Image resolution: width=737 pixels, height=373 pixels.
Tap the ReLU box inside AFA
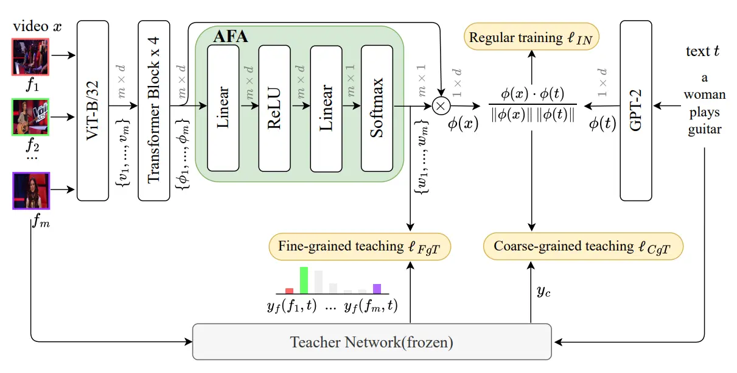click(x=274, y=108)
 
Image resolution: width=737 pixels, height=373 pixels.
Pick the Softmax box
click(x=377, y=108)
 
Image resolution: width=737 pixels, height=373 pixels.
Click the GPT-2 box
click(x=635, y=110)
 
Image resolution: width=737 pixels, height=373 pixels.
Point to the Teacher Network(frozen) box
click(x=371, y=342)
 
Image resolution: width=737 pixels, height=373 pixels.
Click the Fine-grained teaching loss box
click(x=360, y=246)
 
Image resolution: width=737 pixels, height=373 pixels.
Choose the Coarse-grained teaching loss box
click(x=583, y=246)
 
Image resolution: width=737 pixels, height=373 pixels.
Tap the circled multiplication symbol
click(x=441, y=105)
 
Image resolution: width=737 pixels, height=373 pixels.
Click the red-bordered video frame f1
click(x=30, y=58)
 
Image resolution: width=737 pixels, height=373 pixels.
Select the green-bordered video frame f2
click(x=30, y=116)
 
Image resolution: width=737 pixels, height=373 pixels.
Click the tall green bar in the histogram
click(x=304, y=280)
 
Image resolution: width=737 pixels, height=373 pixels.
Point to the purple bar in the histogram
click(x=377, y=289)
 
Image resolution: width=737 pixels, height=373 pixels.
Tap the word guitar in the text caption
click(x=704, y=129)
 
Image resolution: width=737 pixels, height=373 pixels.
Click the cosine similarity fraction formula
click(x=532, y=105)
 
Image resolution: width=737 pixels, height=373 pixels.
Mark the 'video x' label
click(x=37, y=26)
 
